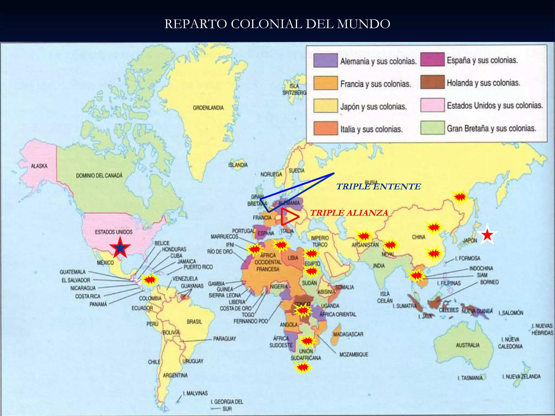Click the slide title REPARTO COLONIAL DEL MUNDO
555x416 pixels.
click(x=277, y=24)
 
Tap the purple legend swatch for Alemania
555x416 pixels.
click(x=325, y=60)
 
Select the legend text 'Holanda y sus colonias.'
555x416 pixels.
click(x=483, y=83)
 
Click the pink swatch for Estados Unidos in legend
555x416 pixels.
click(x=432, y=105)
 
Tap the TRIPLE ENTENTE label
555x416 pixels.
click(x=379, y=187)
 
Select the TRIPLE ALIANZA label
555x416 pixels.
click(x=349, y=213)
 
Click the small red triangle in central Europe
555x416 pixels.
click(x=289, y=217)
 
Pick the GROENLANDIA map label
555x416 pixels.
click(x=208, y=108)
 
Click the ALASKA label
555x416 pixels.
click(x=39, y=166)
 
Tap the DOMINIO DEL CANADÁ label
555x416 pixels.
click(x=99, y=175)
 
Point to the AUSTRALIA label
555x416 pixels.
click(x=467, y=345)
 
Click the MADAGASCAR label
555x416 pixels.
click(x=348, y=334)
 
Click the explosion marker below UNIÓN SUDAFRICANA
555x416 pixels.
click(x=303, y=368)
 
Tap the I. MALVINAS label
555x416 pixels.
click(x=195, y=393)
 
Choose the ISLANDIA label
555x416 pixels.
click(x=238, y=165)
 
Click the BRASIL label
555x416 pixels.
click(x=194, y=322)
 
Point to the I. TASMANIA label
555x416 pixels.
click(x=470, y=378)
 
